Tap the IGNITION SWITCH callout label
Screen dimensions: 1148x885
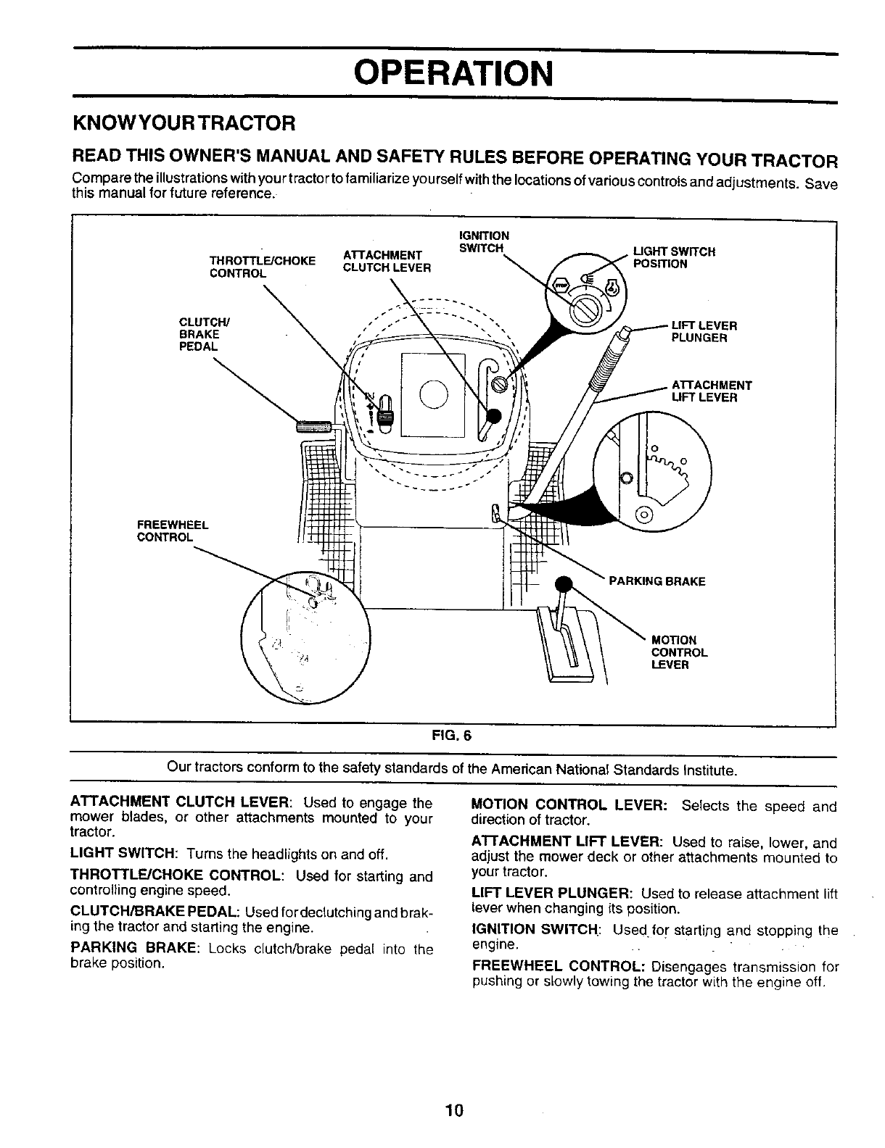tap(484, 242)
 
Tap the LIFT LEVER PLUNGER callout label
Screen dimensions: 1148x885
tap(704, 331)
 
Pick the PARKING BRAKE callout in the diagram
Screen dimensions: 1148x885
tap(656, 581)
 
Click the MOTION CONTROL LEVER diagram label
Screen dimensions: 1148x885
tap(679, 652)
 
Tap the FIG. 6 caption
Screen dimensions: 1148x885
tap(451, 735)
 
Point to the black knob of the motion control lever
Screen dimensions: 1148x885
tap(564, 584)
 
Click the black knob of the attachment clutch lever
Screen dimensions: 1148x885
tap(493, 415)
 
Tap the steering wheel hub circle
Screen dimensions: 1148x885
tap(433, 394)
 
